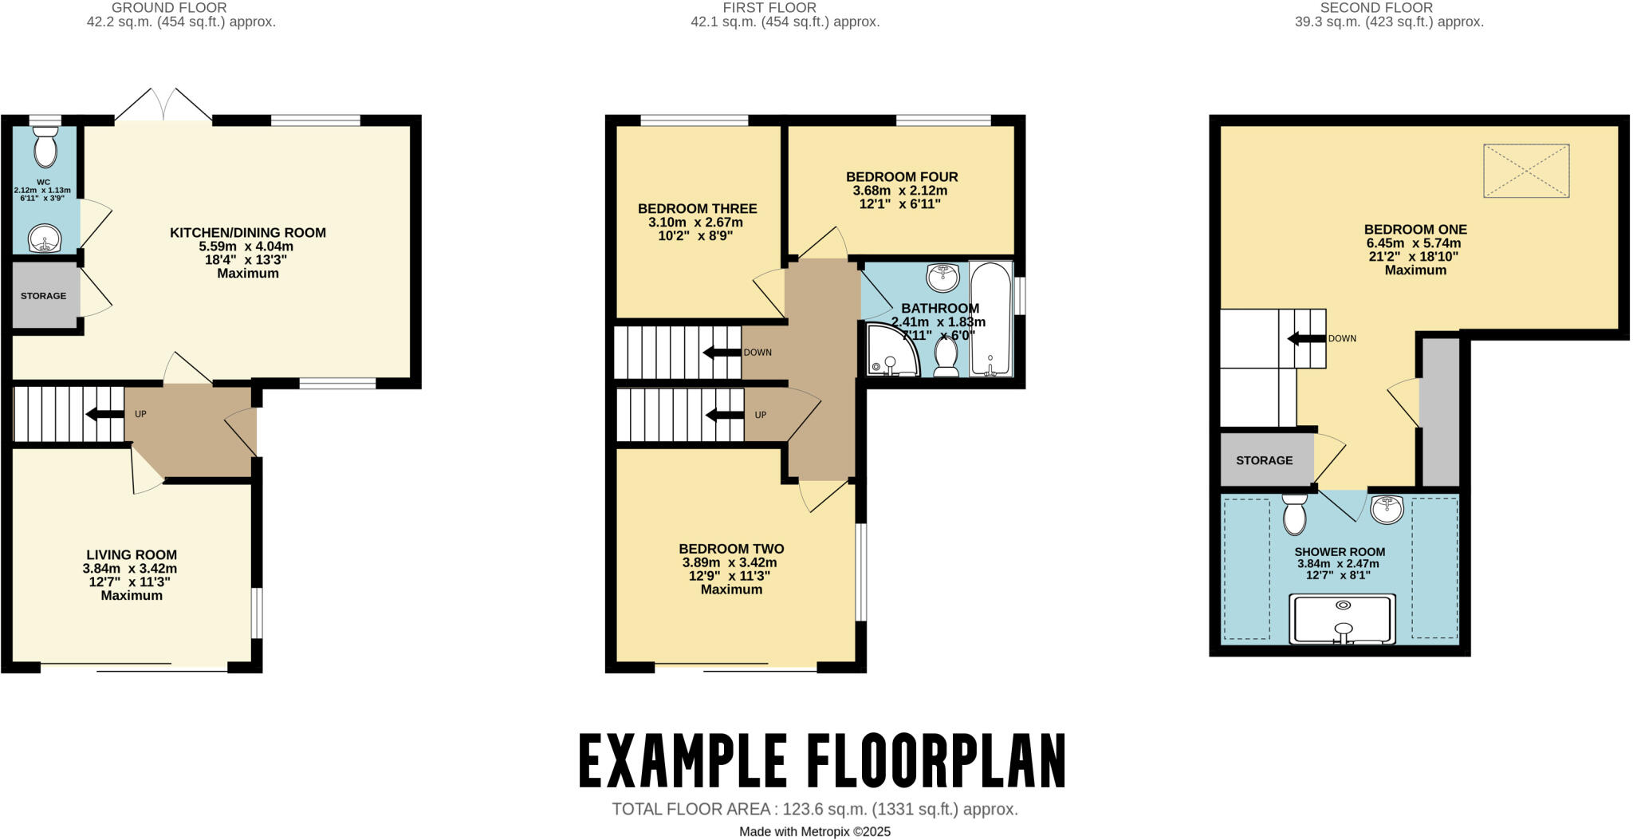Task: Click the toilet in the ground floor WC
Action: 46,148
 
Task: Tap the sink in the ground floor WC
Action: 45,238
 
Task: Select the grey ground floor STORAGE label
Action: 44,296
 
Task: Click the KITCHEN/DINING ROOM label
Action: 247,233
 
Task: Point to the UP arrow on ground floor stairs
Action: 104,414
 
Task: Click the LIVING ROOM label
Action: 132,555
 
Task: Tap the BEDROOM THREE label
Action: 697,209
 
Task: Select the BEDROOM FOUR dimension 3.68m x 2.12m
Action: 900,191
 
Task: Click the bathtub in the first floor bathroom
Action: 990,319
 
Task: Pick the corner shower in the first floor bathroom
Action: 890,352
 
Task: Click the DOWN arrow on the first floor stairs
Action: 721,353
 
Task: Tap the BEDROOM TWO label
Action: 731,549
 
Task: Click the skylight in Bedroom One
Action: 1525,171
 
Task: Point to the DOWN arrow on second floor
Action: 1306,339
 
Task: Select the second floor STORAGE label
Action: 1264,460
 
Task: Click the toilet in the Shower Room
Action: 1294,515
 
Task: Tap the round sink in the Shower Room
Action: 1387,509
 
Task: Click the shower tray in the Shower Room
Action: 1343,619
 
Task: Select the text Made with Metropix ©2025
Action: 814,831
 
